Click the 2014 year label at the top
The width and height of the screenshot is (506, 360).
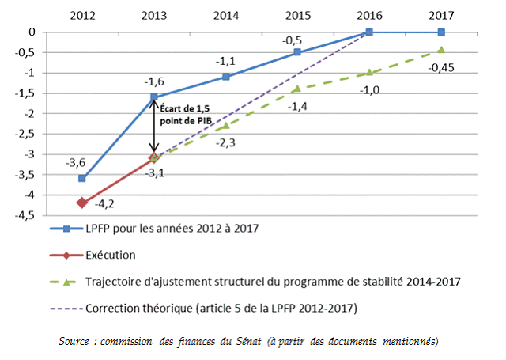click(225, 15)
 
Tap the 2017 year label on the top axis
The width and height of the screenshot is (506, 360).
click(440, 15)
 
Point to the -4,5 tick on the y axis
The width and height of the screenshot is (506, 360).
click(22, 214)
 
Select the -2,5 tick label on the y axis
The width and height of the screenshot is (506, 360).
click(22, 134)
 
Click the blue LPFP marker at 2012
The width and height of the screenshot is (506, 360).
click(82, 178)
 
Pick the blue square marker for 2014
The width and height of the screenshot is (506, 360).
click(226, 77)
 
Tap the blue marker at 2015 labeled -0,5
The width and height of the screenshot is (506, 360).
click(297, 52)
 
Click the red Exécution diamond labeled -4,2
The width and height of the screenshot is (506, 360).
click(82, 203)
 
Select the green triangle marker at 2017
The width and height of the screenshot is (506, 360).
click(441, 50)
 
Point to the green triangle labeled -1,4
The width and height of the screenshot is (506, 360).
click(297, 89)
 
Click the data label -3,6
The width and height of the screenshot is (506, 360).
click(77, 163)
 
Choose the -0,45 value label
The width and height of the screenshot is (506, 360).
click(440, 67)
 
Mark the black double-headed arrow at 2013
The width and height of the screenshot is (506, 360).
click(155, 127)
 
